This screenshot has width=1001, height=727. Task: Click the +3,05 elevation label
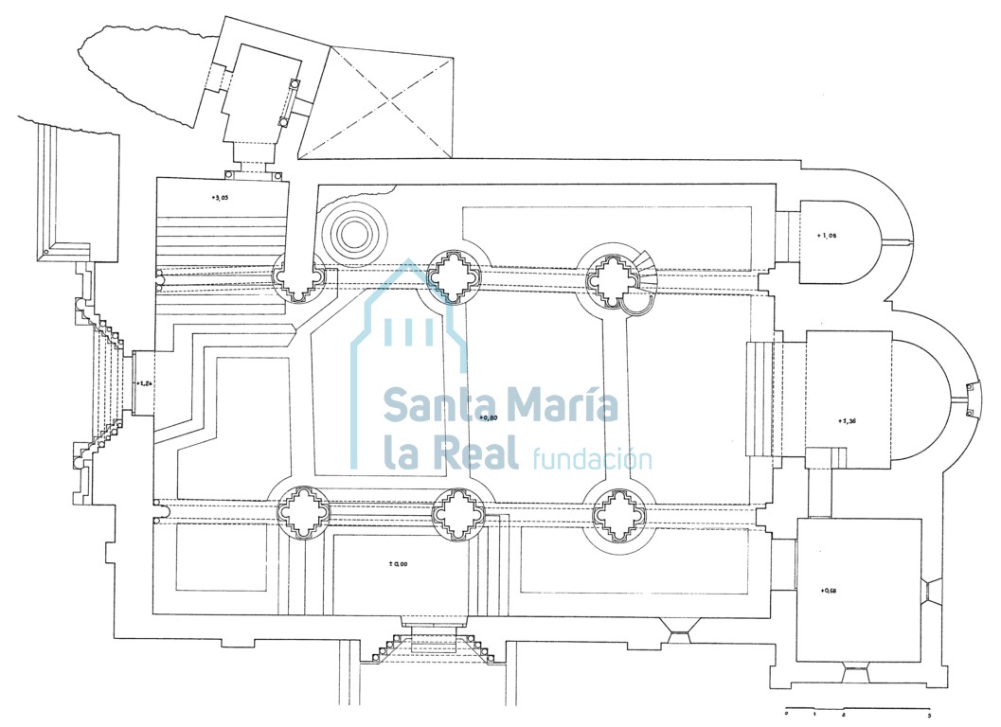tap(220, 199)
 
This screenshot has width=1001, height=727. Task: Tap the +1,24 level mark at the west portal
tap(144, 383)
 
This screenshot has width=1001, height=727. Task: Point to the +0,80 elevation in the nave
tap(489, 417)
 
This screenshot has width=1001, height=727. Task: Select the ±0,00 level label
tap(398, 564)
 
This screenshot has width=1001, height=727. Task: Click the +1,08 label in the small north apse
tap(827, 235)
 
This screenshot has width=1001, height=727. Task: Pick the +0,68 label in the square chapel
tap(830, 591)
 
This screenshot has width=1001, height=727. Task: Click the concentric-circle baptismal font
tap(357, 231)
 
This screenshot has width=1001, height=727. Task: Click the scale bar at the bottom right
tap(857, 709)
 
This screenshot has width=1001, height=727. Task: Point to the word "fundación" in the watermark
tap(592, 459)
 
